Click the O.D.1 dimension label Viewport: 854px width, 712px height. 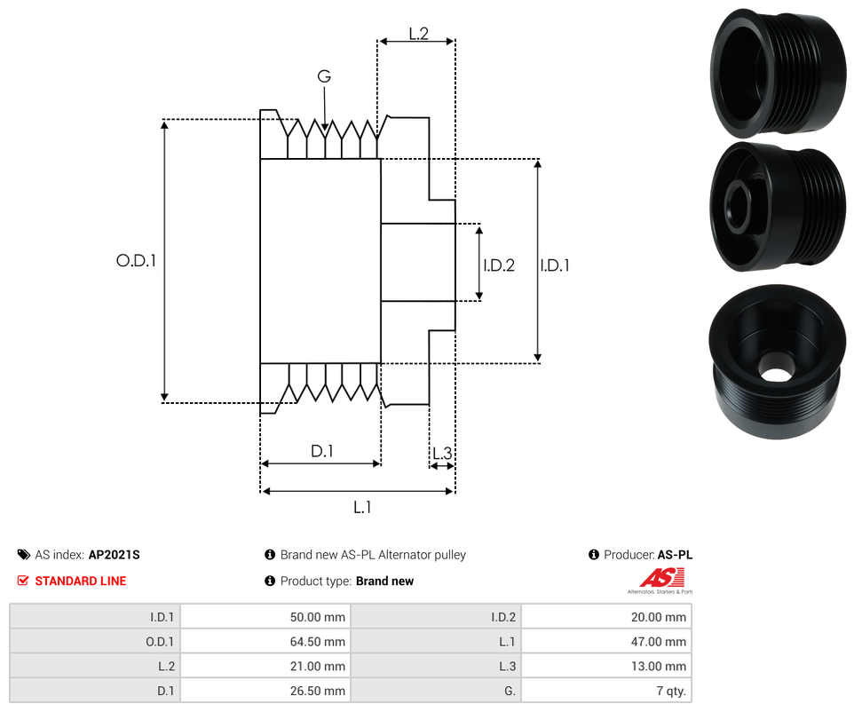click(x=136, y=261)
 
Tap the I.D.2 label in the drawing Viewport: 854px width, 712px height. click(x=499, y=265)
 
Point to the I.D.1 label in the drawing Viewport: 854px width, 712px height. click(x=556, y=265)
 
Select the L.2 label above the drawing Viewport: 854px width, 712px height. click(x=419, y=34)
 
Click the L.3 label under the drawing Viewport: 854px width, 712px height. click(x=442, y=455)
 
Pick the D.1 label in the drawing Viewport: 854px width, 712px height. click(x=321, y=451)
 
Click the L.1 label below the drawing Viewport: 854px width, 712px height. click(x=362, y=507)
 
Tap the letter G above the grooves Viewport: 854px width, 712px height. click(x=324, y=77)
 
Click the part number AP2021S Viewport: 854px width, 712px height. click(x=115, y=555)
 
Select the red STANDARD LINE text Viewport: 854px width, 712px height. click(x=80, y=581)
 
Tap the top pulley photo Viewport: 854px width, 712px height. click(x=777, y=71)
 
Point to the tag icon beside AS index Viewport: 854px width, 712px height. click(x=23, y=555)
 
